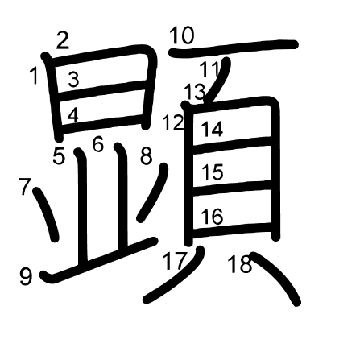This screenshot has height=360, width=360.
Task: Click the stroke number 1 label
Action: pos(34,76)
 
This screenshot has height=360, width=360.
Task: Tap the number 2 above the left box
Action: pos(63,40)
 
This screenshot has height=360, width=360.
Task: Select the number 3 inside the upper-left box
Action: pos(73,80)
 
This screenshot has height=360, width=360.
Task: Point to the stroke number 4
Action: pos(72,116)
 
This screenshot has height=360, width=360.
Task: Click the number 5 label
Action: pos(59,156)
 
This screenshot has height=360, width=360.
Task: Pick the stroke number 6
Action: pos(98,144)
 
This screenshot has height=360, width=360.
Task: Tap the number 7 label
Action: pos(25,187)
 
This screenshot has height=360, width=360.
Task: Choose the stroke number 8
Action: pos(147,156)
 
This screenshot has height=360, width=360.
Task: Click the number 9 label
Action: pos(26,277)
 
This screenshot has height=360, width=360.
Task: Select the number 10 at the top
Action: pos(181,35)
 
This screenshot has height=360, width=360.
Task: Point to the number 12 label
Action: pos(173,122)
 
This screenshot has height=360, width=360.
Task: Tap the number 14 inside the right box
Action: pos(212,129)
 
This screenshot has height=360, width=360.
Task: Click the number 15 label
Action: pos(213,172)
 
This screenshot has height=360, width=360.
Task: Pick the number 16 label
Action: pos(212,217)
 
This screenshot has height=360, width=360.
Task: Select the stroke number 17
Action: pos(174,261)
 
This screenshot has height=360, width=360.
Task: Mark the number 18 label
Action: pos(240,264)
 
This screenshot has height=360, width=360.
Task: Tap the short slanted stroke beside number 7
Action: pos(46,214)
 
